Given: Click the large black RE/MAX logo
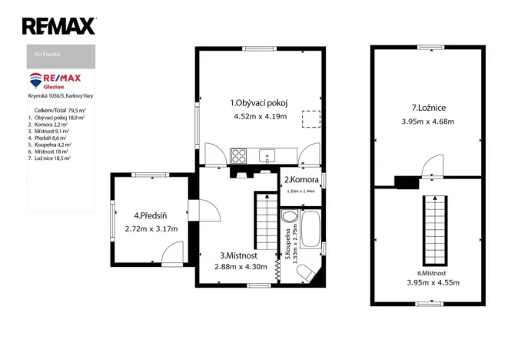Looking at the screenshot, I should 58,26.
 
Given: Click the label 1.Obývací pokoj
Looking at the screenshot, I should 260,102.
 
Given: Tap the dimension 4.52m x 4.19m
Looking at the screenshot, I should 260,117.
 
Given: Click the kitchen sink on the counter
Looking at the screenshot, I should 267,157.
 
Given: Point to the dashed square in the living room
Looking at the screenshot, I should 310,119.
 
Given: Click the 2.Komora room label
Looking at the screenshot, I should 301,180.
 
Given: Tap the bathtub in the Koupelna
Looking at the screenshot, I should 310,229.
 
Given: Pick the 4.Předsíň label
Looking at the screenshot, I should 150,215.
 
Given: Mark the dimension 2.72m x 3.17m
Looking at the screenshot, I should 151,229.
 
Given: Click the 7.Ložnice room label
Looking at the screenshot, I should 428,108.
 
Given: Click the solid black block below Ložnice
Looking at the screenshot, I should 405,182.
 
